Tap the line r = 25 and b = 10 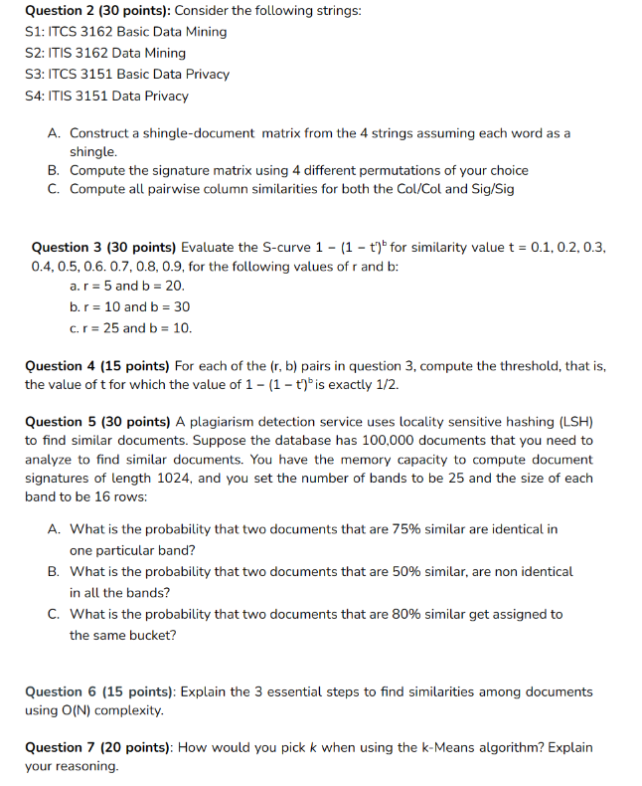pos(131,327)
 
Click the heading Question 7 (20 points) pos(97,747)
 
